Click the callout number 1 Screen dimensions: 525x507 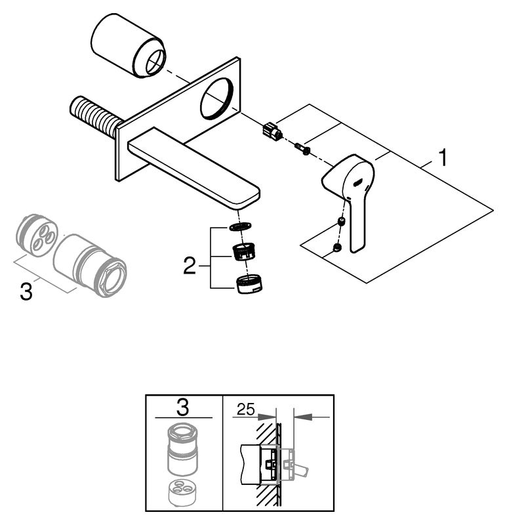pyautogui.click(x=444, y=158)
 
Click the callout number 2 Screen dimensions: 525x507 pyautogui.click(x=189, y=266)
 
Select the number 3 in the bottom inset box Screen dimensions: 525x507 pyautogui.click(x=183, y=408)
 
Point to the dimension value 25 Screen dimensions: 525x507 pyautogui.click(x=244, y=411)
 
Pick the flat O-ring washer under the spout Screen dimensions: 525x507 pyautogui.click(x=241, y=226)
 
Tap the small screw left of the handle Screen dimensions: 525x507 pyautogui.click(x=303, y=149)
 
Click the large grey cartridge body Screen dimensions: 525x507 pyautogui.click(x=89, y=265)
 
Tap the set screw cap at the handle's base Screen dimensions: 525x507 pyautogui.click(x=336, y=247)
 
